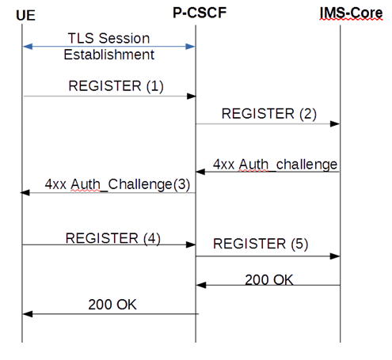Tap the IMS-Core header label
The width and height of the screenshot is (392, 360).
click(341, 13)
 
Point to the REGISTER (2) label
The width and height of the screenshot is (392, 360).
click(268, 113)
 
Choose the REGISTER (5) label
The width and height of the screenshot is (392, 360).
click(261, 243)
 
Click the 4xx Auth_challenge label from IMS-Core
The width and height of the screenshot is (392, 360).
click(275, 164)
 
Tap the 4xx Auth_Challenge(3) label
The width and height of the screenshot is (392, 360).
click(117, 184)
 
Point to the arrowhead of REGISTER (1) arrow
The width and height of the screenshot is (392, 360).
click(192, 96)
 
